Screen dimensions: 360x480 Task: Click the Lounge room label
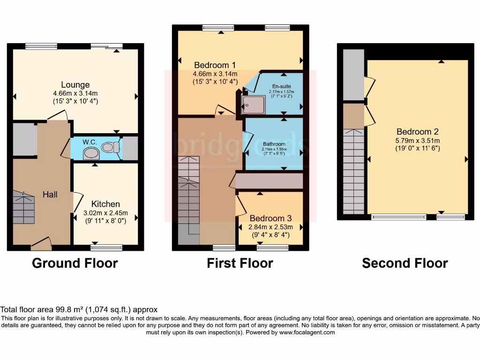click(75, 85)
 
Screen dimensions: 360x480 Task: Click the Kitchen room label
click(105, 204)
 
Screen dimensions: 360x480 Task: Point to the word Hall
click(50, 194)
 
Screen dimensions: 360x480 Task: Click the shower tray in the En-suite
click(254, 105)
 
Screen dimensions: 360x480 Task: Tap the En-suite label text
click(280, 86)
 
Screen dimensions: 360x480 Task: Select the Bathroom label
click(274, 144)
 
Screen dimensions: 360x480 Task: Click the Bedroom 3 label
click(270, 218)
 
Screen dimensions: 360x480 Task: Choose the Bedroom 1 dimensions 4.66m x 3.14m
click(215, 74)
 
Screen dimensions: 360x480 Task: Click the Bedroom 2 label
click(417, 132)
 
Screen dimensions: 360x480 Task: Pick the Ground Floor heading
click(75, 263)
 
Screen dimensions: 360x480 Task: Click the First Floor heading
click(240, 263)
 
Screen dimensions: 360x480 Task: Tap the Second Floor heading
click(405, 263)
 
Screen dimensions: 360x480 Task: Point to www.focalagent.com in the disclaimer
click(307, 332)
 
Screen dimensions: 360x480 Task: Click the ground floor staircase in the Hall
click(24, 207)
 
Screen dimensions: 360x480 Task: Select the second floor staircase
click(354, 171)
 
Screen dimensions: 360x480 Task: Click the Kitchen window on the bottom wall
click(106, 247)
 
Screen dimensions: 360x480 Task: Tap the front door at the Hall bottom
click(41, 242)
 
